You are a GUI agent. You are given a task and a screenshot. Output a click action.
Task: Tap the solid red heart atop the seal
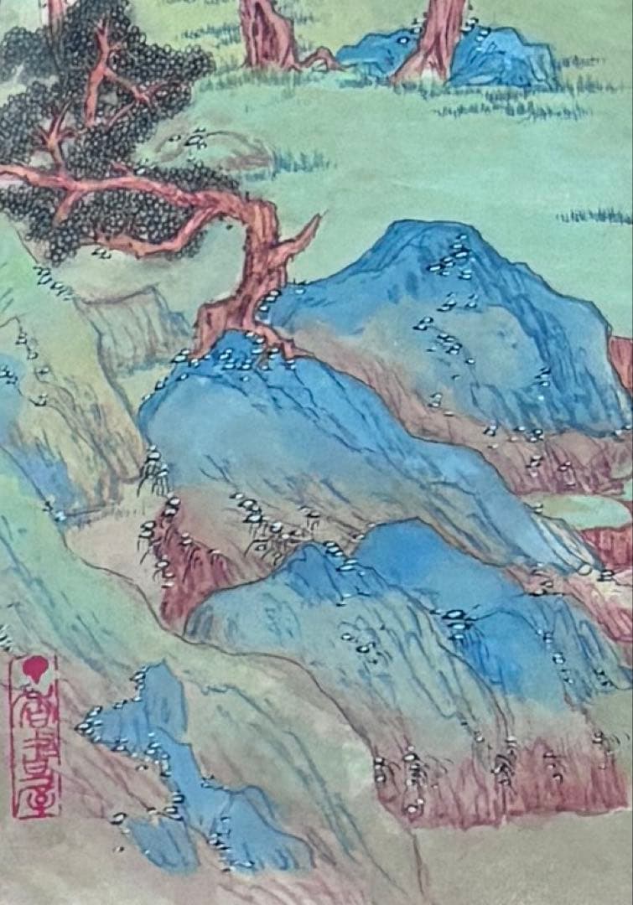pyautogui.click(x=34, y=667)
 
